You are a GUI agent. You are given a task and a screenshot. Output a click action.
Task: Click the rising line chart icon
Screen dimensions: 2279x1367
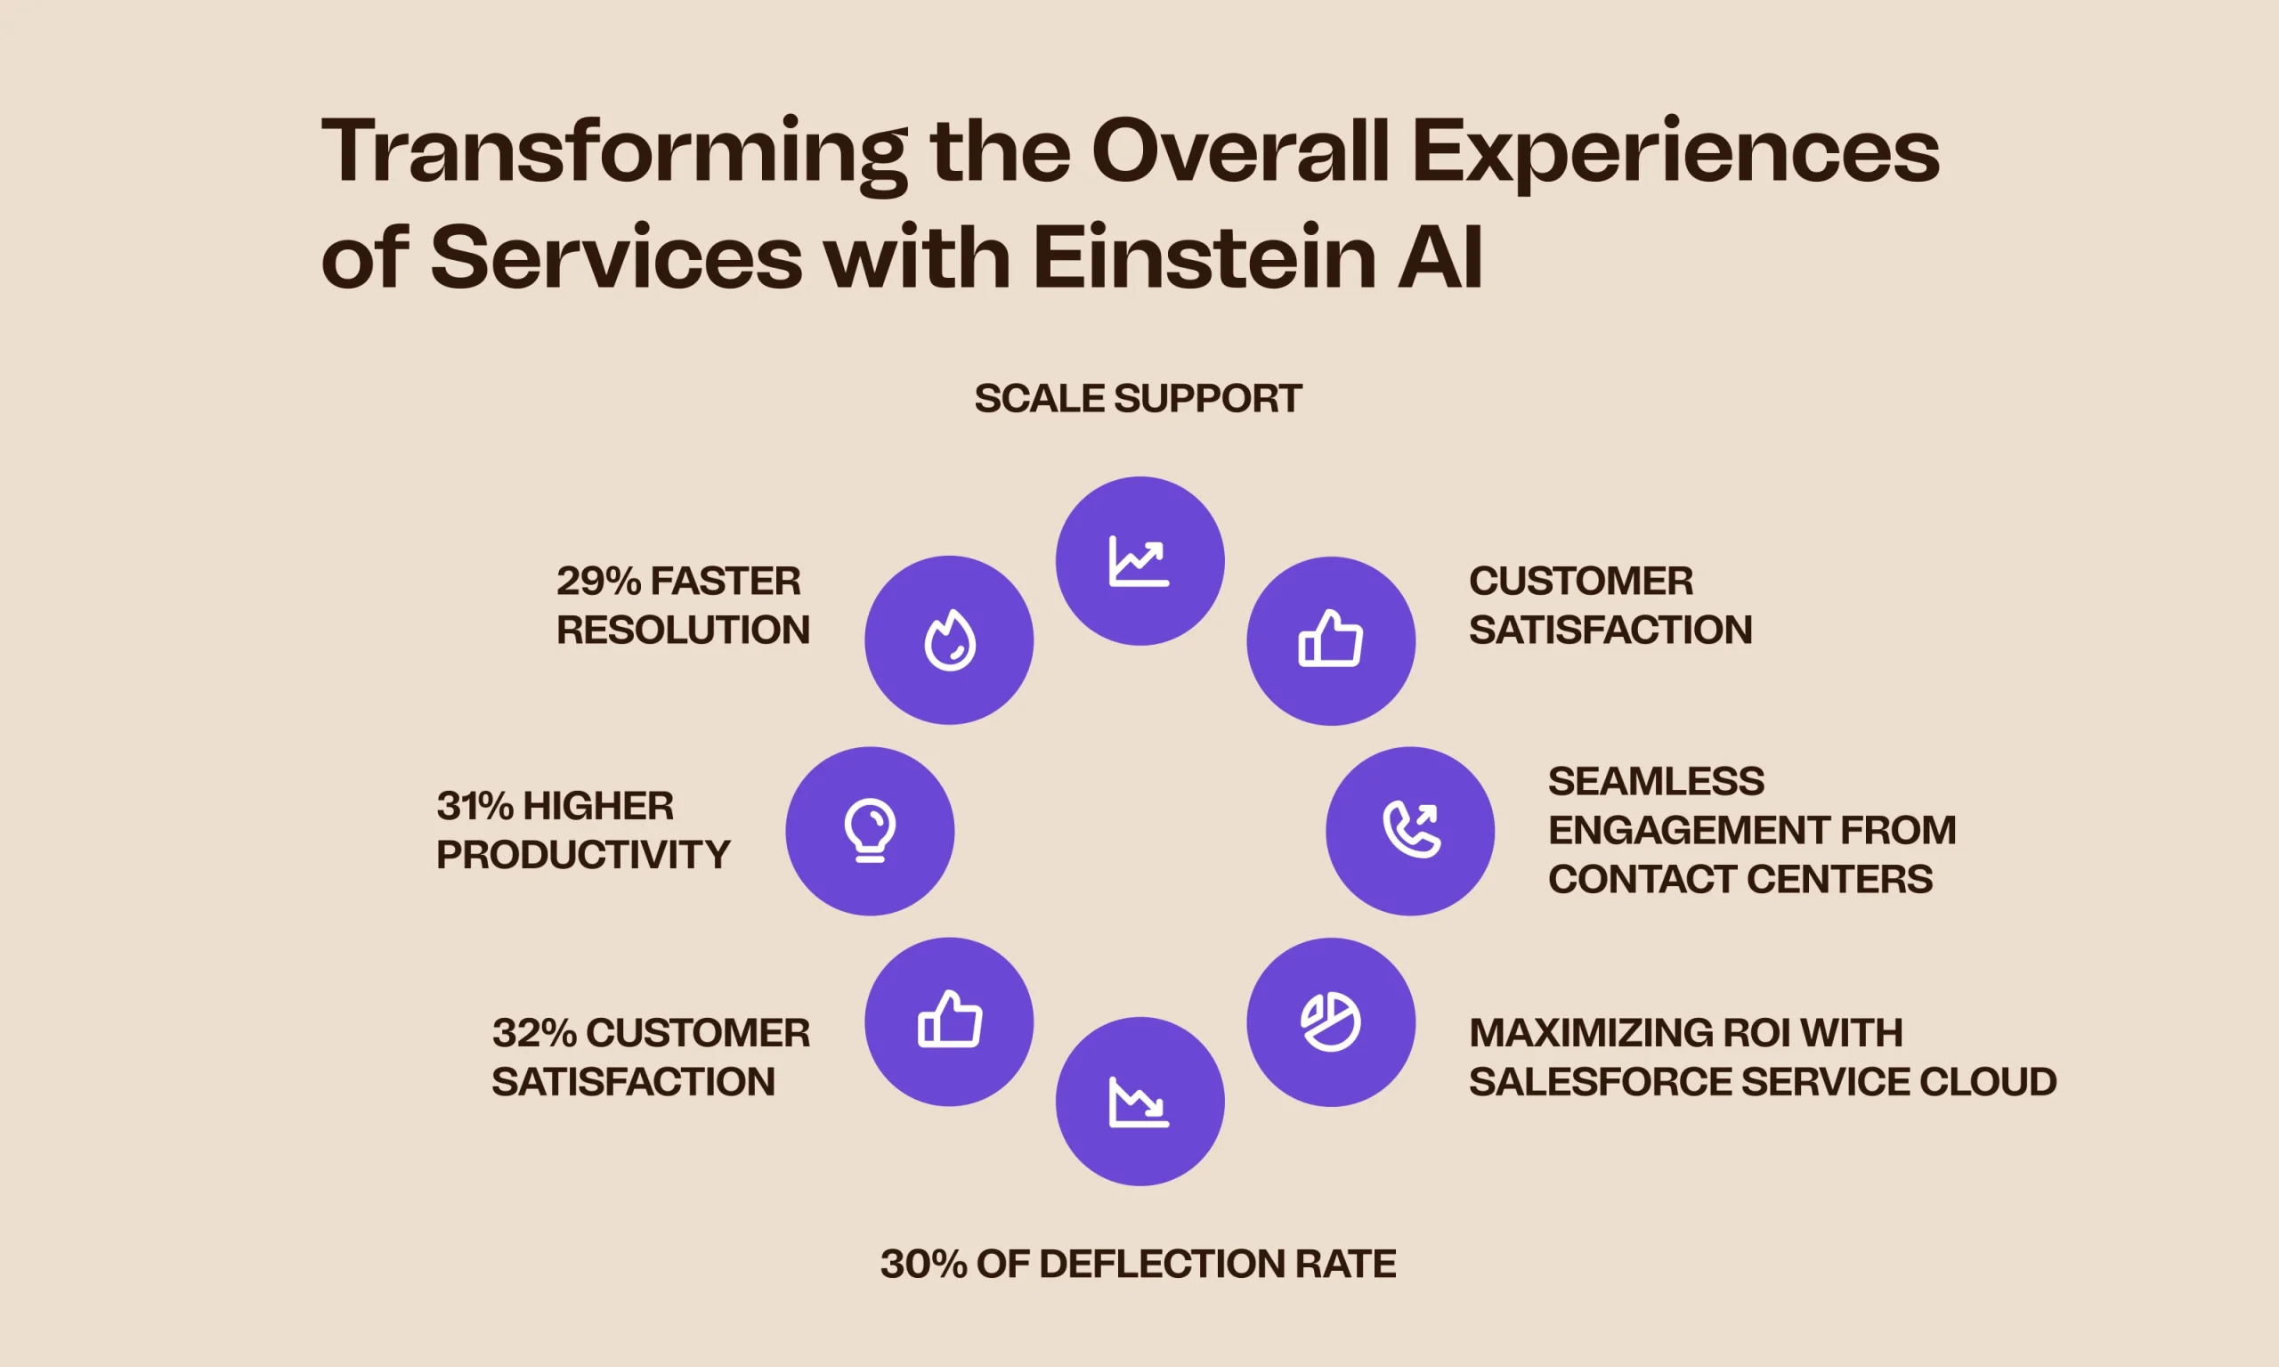[1139, 560]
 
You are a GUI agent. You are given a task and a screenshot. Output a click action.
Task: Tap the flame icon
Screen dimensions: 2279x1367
[949, 639]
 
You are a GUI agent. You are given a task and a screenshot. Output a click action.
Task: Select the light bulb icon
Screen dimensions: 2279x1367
[869, 830]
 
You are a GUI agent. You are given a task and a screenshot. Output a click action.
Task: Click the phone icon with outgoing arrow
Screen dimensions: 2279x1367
[1411, 829]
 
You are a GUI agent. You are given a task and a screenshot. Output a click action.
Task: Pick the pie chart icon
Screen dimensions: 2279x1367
[1331, 1021]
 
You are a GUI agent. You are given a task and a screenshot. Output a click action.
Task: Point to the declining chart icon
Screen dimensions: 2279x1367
[1139, 1101]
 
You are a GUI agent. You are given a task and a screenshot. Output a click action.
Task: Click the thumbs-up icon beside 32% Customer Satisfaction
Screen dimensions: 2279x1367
[949, 1019]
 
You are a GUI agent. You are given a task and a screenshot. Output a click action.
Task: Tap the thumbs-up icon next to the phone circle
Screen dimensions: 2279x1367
[1331, 638]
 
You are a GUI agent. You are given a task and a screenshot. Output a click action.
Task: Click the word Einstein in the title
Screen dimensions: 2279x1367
[1204, 257]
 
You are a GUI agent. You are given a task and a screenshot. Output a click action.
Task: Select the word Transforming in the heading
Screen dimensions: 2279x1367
[614, 155]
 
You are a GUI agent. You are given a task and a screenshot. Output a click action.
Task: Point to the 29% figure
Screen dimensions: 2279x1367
[598, 582]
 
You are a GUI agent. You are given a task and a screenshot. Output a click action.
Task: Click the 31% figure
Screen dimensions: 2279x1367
[475, 806]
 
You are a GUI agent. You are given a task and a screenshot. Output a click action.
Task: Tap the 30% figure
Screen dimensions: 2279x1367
[923, 1264]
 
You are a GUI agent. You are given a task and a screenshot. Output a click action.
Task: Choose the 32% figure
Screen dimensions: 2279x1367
[535, 1033]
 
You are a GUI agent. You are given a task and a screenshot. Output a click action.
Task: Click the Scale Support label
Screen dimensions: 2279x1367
[1138, 399]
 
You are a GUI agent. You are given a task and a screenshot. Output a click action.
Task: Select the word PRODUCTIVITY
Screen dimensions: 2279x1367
[583, 855]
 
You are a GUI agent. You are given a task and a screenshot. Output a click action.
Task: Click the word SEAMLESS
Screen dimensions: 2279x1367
[1657, 781]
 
